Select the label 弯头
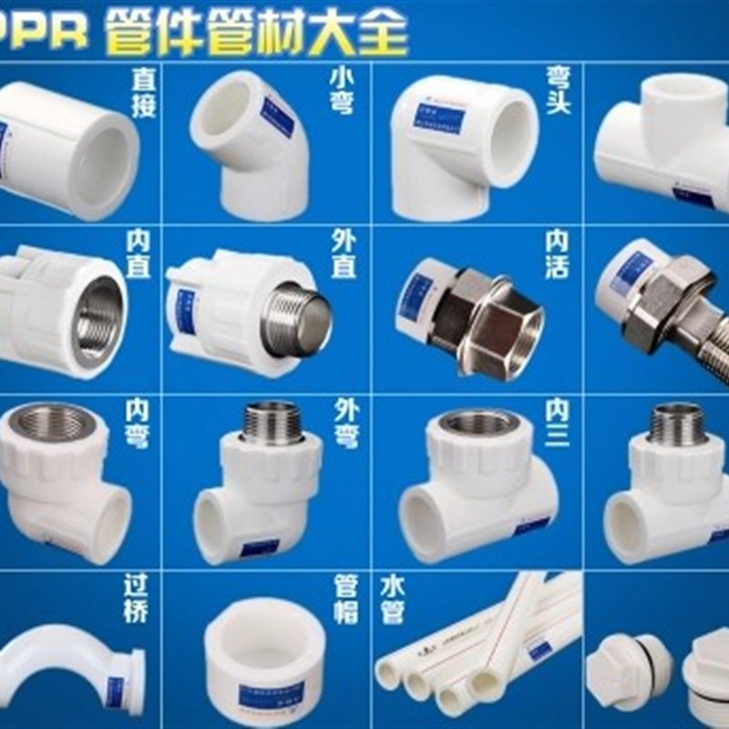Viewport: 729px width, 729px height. pyautogui.click(x=559, y=94)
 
